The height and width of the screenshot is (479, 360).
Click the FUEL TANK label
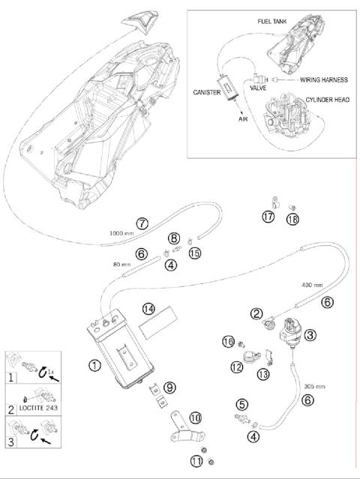tap(272, 22)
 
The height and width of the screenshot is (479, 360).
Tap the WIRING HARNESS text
tap(324, 80)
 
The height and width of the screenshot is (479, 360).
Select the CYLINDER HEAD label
tap(328, 100)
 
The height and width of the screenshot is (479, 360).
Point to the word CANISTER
tap(206, 92)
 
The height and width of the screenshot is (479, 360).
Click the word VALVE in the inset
tap(258, 88)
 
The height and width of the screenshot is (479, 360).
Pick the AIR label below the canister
tap(243, 119)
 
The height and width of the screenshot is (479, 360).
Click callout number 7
tap(142, 223)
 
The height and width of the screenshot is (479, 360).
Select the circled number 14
tap(148, 310)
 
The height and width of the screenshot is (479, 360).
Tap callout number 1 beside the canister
tap(94, 365)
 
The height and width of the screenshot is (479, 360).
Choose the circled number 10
tap(195, 418)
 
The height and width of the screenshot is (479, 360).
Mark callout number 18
tap(292, 220)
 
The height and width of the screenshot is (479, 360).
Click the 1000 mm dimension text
tap(121, 233)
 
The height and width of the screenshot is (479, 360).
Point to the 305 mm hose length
tap(314, 387)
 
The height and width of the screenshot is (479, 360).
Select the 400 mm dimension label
tap(312, 285)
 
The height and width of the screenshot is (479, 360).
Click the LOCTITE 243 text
tap(38, 408)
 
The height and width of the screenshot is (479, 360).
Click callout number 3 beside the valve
tap(310, 335)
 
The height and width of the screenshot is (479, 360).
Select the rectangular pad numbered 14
tap(158, 323)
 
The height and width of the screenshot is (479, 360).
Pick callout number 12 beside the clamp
tap(236, 367)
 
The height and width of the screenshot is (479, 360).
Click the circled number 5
tap(242, 405)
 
